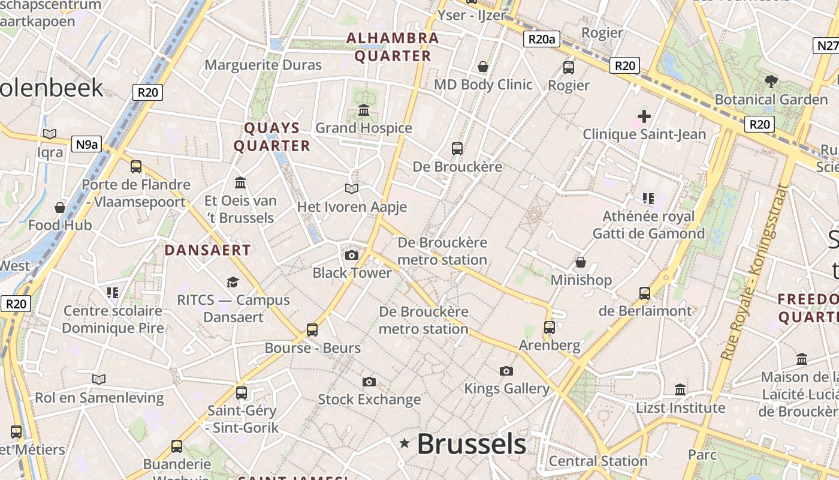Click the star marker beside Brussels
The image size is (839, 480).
(405, 443)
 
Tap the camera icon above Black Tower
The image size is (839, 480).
(352, 256)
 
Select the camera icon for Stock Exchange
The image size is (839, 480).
(369, 382)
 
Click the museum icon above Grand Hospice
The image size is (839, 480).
(364, 110)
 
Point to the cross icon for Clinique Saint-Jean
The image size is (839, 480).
(644, 116)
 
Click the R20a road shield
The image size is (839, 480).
(542, 40)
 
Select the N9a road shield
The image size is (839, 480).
(87, 144)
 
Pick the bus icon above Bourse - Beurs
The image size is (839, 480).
(312, 329)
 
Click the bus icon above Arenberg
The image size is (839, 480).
(550, 328)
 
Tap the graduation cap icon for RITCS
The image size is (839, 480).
(233, 282)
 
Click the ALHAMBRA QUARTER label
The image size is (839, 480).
(393, 47)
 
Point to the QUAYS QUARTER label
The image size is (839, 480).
(272, 137)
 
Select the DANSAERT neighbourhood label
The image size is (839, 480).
(207, 250)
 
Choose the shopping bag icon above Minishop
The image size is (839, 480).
(581, 262)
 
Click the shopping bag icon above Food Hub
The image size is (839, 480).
(60, 208)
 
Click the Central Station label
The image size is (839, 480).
(598, 461)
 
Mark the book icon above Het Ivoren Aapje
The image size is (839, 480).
(352, 189)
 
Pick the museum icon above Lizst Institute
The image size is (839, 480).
(680, 390)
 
